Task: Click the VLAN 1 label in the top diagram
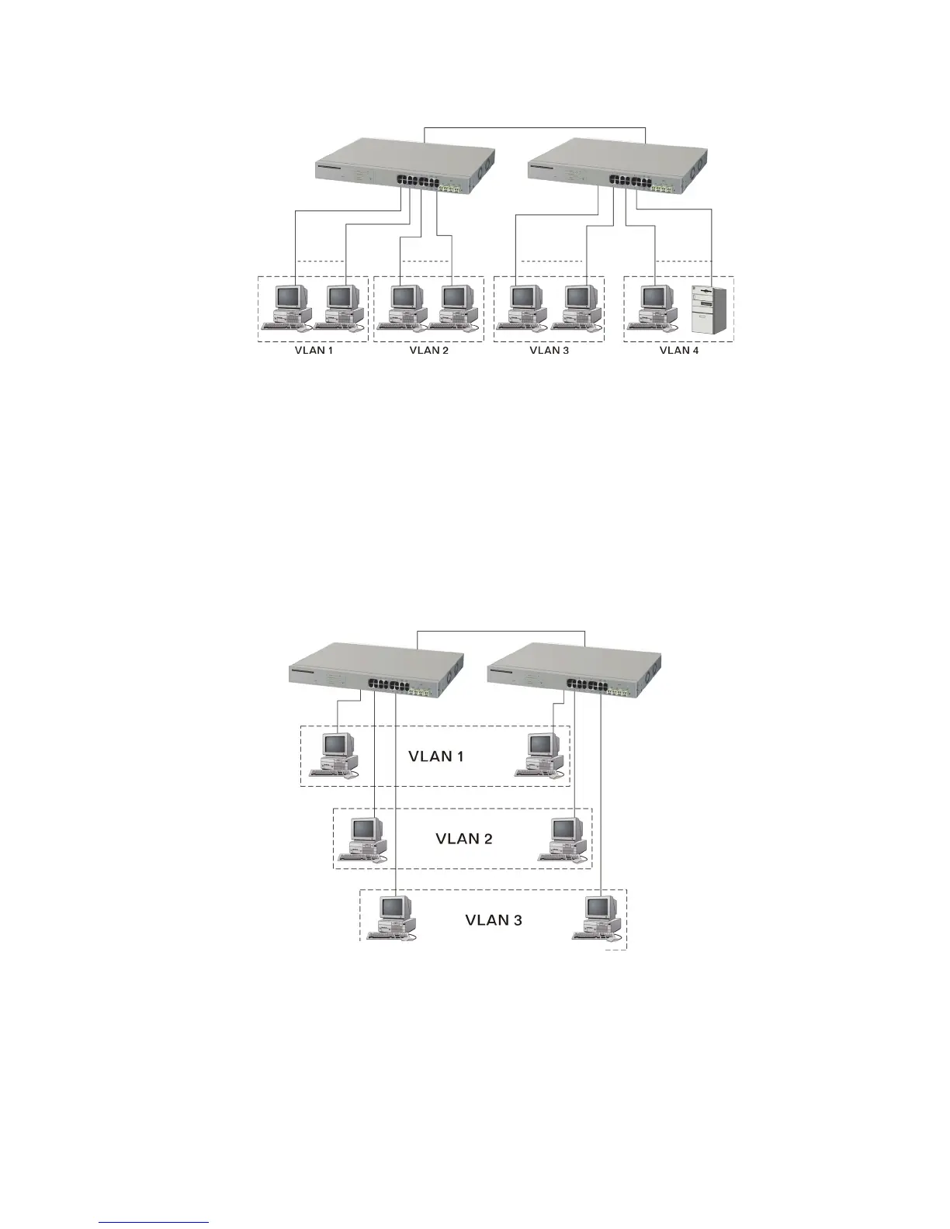(314, 351)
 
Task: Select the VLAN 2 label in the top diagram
(428, 351)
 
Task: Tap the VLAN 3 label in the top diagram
(549, 351)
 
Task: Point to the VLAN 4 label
(679, 351)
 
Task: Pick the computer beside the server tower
(654, 307)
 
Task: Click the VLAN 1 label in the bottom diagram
(436, 756)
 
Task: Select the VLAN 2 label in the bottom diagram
(464, 839)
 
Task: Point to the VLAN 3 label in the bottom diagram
(494, 921)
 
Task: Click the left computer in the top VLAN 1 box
(288, 307)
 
